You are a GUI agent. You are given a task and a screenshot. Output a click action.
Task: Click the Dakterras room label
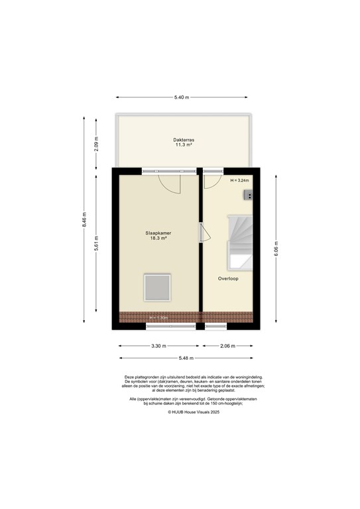[184, 140]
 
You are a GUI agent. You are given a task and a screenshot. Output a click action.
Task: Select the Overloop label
[228, 279]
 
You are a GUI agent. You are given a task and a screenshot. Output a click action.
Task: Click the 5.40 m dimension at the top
[182, 98]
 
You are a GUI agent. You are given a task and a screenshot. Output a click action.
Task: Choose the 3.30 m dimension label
[158, 346]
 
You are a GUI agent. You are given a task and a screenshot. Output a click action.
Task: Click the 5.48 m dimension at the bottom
[186, 358]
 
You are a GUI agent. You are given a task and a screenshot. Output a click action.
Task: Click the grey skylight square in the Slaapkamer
[158, 288]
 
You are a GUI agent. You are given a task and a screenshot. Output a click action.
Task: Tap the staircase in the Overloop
[239, 242]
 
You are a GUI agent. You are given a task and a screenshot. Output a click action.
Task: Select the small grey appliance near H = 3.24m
[248, 195]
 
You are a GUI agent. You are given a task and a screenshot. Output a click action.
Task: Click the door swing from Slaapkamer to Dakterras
[170, 183]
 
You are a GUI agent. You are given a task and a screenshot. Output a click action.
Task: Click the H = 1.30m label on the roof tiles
[158, 317]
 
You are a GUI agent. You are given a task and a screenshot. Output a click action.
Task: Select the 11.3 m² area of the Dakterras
[184, 145]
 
